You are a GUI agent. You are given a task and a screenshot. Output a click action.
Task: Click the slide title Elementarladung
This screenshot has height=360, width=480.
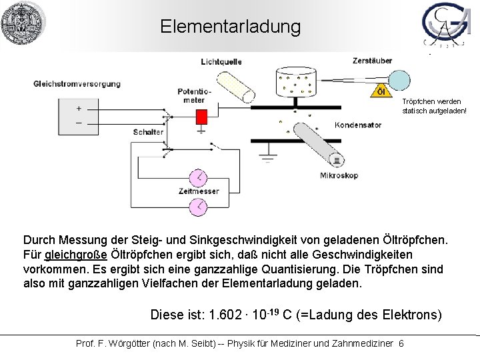[230, 27]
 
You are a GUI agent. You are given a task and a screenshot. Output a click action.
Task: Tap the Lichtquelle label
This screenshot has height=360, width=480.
[221, 62]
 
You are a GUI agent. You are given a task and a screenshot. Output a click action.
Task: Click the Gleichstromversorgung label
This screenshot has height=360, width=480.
[77, 84]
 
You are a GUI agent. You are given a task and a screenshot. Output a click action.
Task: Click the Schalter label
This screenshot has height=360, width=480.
[147, 132]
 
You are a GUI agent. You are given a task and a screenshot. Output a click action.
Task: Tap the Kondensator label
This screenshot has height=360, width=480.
[359, 125]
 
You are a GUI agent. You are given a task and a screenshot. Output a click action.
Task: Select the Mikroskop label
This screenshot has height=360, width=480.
[339, 176]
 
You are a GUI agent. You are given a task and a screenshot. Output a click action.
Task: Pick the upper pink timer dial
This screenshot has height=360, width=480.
[199, 178]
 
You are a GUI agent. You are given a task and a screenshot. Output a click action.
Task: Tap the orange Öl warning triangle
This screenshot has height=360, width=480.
[381, 91]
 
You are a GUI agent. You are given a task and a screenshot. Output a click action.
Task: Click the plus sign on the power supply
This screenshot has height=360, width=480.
[79, 109]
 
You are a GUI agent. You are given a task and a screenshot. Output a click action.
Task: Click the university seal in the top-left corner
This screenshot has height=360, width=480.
[23, 23]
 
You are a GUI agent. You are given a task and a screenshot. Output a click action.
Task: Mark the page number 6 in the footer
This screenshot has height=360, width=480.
[401, 343]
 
